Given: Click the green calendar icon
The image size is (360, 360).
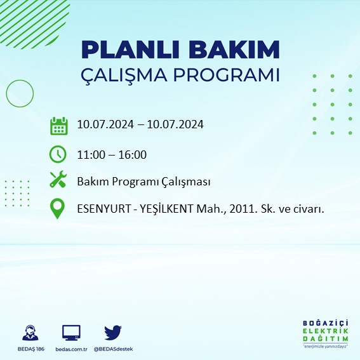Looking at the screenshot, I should pyautogui.click(x=58, y=125).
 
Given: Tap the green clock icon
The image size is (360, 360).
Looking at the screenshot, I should pyautogui.click(x=58, y=154).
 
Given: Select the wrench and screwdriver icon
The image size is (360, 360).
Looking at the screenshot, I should pyautogui.click(x=58, y=181).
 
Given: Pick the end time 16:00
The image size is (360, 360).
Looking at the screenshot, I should pyautogui.click(x=133, y=154).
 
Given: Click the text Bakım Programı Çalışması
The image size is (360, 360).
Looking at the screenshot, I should pyautogui.click(x=143, y=182).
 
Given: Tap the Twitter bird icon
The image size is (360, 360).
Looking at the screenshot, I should pyautogui.click(x=113, y=332).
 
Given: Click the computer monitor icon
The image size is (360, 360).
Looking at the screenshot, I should pyautogui.click(x=71, y=332).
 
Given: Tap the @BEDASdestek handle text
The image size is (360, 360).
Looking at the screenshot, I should pyautogui.click(x=113, y=349).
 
